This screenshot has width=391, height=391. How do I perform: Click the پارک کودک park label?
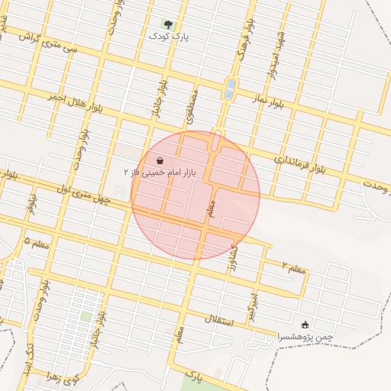coord(169,36)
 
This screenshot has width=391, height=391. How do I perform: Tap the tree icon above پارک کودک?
coord(169,24)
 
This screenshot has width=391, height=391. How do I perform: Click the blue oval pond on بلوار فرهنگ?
coord(229,89)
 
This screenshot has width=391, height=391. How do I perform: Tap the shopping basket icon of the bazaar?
coord(160,161)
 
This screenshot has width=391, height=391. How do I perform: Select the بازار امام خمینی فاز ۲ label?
coord(160,173)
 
